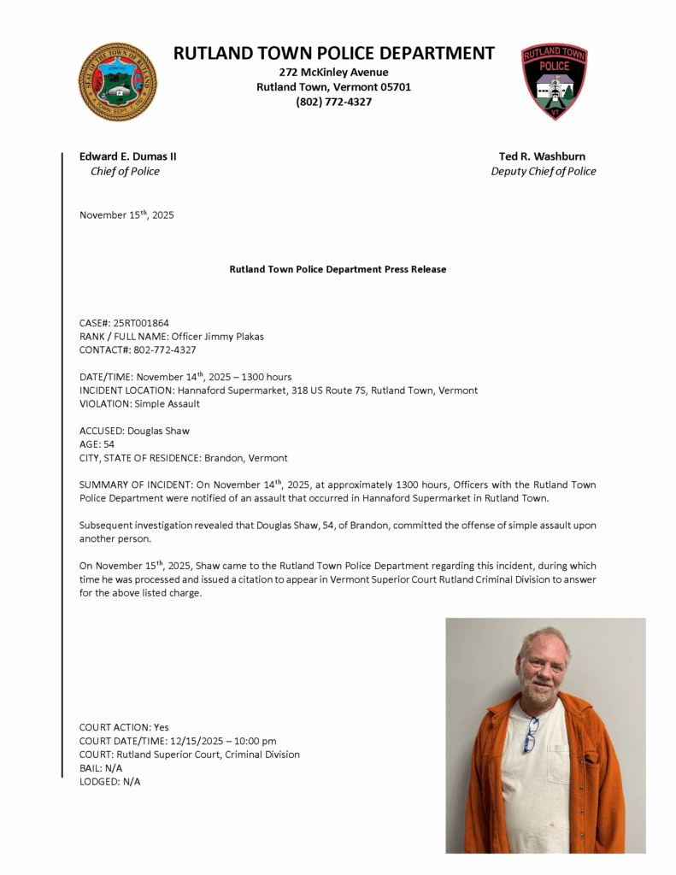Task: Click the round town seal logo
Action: click(x=118, y=82)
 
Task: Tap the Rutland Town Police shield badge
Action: click(x=555, y=81)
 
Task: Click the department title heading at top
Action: click(x=334, y=53)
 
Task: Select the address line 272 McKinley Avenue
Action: click(x=334, y=73)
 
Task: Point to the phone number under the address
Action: click(x=334, y=102)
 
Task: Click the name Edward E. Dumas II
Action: click(x=128, y=156)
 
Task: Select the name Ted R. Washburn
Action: click(x=543, y=156)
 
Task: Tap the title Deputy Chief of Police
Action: click(x=544, y=171)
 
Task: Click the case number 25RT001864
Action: click(x=141, y=323)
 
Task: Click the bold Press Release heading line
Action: click(x=338, y=269)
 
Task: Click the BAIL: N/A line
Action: click(x=101, y=768)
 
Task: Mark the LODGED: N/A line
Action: click(x=109, y=782)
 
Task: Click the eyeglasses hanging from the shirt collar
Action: click(x=530, y=736)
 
